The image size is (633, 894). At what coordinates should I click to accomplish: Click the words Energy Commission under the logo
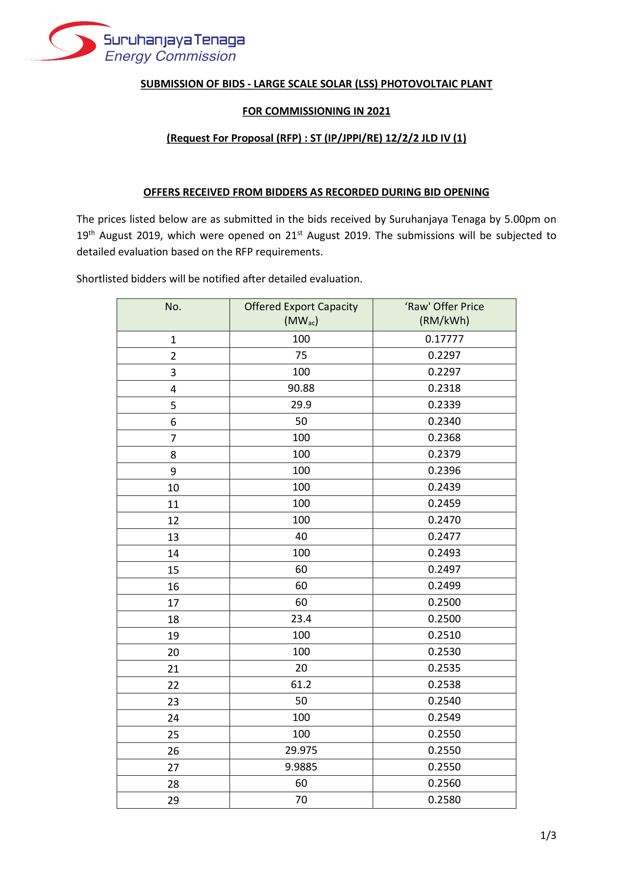[170, 57]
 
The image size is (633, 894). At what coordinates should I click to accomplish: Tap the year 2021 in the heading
[378, 111]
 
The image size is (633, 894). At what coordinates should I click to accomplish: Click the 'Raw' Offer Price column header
[444, 307]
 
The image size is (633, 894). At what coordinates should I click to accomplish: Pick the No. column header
[173, 307]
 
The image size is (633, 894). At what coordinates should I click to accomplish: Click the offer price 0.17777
[444, 339]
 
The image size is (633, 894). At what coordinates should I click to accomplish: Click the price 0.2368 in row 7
[444, 438]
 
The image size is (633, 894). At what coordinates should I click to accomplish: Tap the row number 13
[173, 537]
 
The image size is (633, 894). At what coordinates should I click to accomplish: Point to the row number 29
[173, 800]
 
